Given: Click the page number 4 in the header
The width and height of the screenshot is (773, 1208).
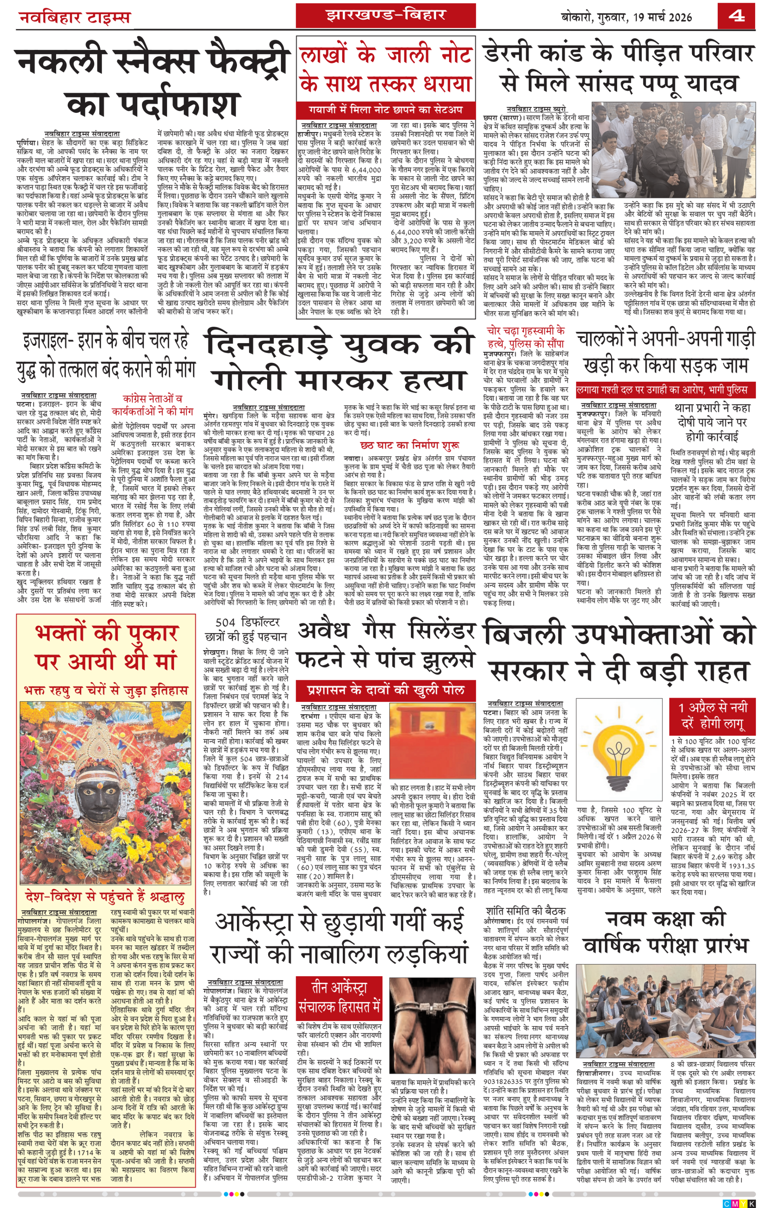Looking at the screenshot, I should coord(736,16).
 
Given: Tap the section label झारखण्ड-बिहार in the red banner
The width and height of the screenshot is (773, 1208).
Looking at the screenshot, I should coord(385,15).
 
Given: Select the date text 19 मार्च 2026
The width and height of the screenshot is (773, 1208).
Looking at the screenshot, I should coord(662,17).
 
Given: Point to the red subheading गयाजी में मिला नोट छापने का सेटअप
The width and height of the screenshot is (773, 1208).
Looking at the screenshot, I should coord(385,109).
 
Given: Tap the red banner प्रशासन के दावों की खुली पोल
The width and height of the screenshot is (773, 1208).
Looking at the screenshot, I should coord(385,690).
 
